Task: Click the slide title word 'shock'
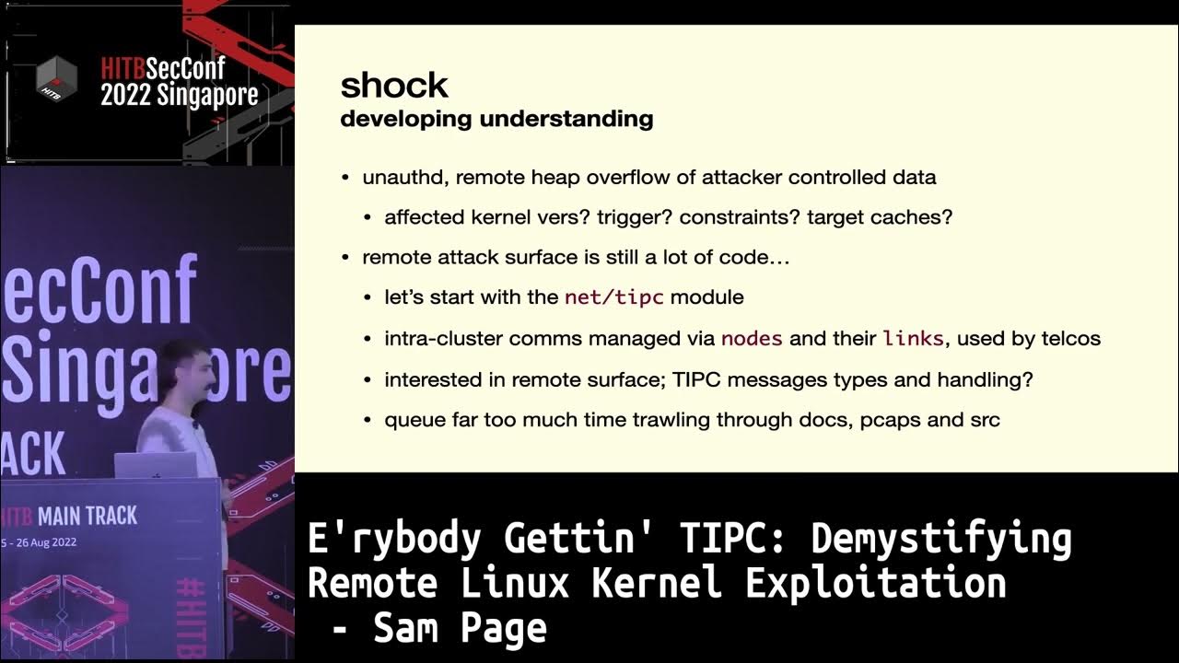tap(394, 86)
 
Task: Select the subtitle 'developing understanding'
tap(496, 119)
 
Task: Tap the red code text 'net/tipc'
tap(616, 297)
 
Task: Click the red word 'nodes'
tap(752, 338)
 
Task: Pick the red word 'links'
tap(913, 338)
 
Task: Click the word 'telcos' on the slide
tap(1071, 338)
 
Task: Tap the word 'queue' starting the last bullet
tap(409, 420)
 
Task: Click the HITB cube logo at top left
tap(56, 79)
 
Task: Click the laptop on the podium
tap(156, 465)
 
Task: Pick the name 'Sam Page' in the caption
tap(460, 629)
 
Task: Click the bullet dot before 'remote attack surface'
tap(345, 258)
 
